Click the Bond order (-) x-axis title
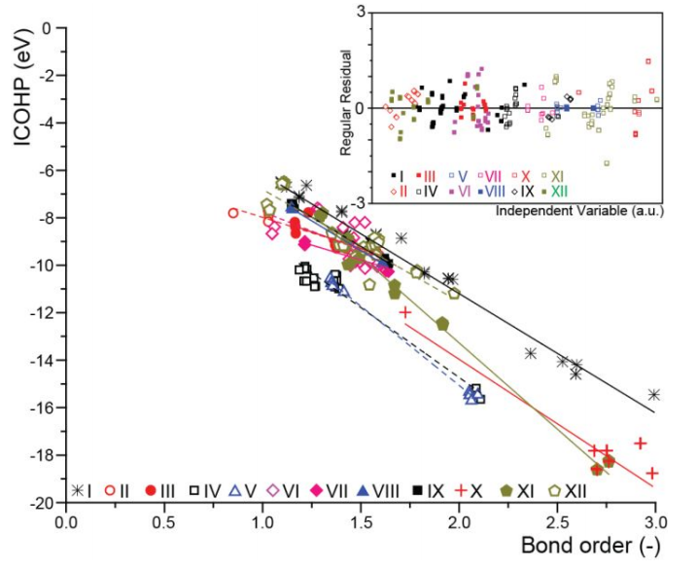point(590,546)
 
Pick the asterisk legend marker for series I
point(78,490)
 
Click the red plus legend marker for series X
point(463,490)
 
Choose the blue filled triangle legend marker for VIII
point(364,490)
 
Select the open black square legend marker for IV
point(193,490)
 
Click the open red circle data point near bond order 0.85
point(233,213)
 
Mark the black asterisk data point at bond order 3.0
point(654,395)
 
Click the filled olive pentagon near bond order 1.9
point(442,324)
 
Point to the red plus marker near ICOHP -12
point(405,312)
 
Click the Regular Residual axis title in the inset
point(346,103)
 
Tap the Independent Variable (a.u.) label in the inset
point(579,210)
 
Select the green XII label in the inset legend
point(560,192)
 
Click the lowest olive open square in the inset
point(607,163)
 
